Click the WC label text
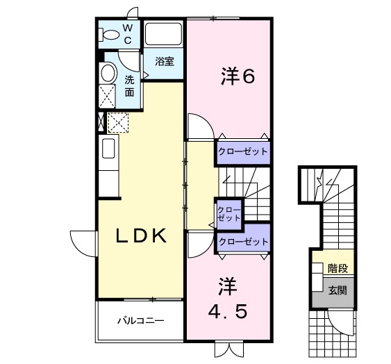point(128,33)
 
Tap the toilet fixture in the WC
point(109,34)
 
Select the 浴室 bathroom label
point(164,61)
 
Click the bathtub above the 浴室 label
point(163,34)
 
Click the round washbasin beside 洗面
point(108,73)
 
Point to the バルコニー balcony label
point(140,321)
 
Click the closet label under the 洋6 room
point(242,151)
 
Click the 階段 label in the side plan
point(338,268)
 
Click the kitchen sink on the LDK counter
point(108,149)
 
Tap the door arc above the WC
point(131,13)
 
